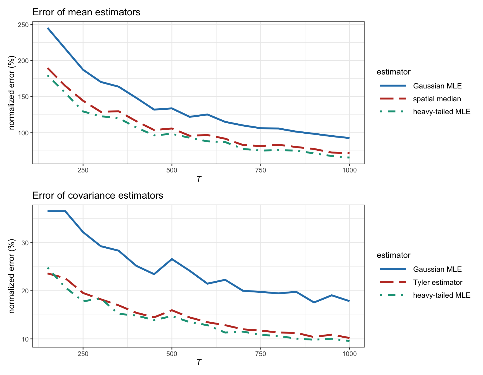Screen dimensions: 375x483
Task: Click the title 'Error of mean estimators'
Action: click(86, 12)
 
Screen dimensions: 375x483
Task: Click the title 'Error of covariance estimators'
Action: click(98, 196)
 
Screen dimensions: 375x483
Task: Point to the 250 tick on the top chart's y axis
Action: click(25, 25)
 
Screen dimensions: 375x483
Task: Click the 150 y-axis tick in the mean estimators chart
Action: click(25, 97)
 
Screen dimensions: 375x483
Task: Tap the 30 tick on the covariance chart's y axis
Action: click(26, 243)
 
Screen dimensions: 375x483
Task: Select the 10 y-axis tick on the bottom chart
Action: click(26, 339)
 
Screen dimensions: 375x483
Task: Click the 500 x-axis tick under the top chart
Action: click(172, 170)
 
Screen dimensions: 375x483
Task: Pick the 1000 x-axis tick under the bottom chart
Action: click(349, 354)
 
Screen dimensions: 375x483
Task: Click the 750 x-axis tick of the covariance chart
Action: click(261, 354)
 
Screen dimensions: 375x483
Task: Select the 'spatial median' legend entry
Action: click(437, 99)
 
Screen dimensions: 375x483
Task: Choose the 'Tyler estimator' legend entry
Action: click(437, 282)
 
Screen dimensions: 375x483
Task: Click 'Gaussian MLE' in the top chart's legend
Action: click(437, 86)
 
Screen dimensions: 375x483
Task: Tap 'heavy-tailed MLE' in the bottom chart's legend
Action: click(442, 295)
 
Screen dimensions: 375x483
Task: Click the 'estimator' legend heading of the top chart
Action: click(393, 72)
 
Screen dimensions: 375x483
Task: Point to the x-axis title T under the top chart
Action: click(198, 179)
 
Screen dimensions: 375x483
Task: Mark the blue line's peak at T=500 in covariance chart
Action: click(172, 259)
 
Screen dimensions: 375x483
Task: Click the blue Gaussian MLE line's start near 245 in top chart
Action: click(48, 28)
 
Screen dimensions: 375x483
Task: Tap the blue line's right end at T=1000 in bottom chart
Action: click(349, 301)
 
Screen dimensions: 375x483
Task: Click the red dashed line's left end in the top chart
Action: click(48, 68)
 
